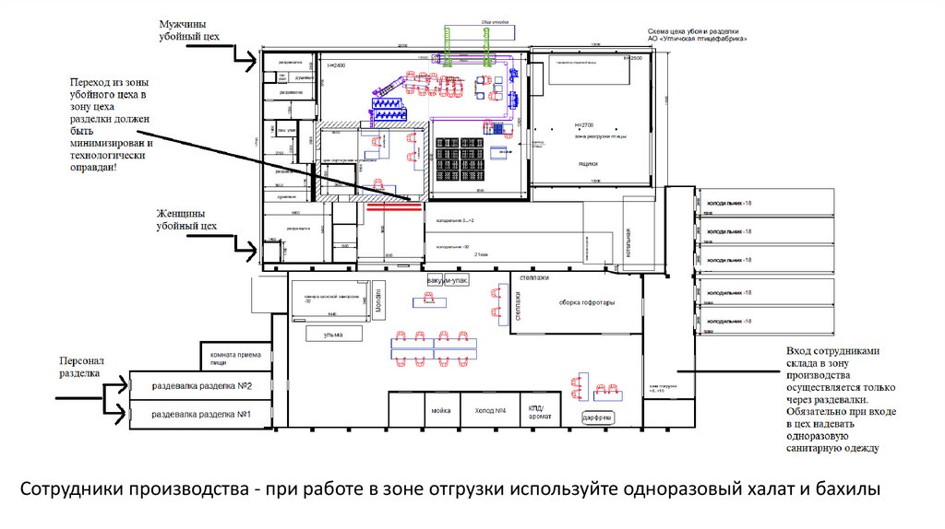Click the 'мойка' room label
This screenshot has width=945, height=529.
click(439, 410)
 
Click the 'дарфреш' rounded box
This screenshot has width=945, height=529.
click(599, 417)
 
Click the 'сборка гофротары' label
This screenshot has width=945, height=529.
click(586, 302)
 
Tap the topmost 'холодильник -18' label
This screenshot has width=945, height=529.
click(729, 203)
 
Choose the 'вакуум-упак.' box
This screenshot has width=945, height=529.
click(448, 279)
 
